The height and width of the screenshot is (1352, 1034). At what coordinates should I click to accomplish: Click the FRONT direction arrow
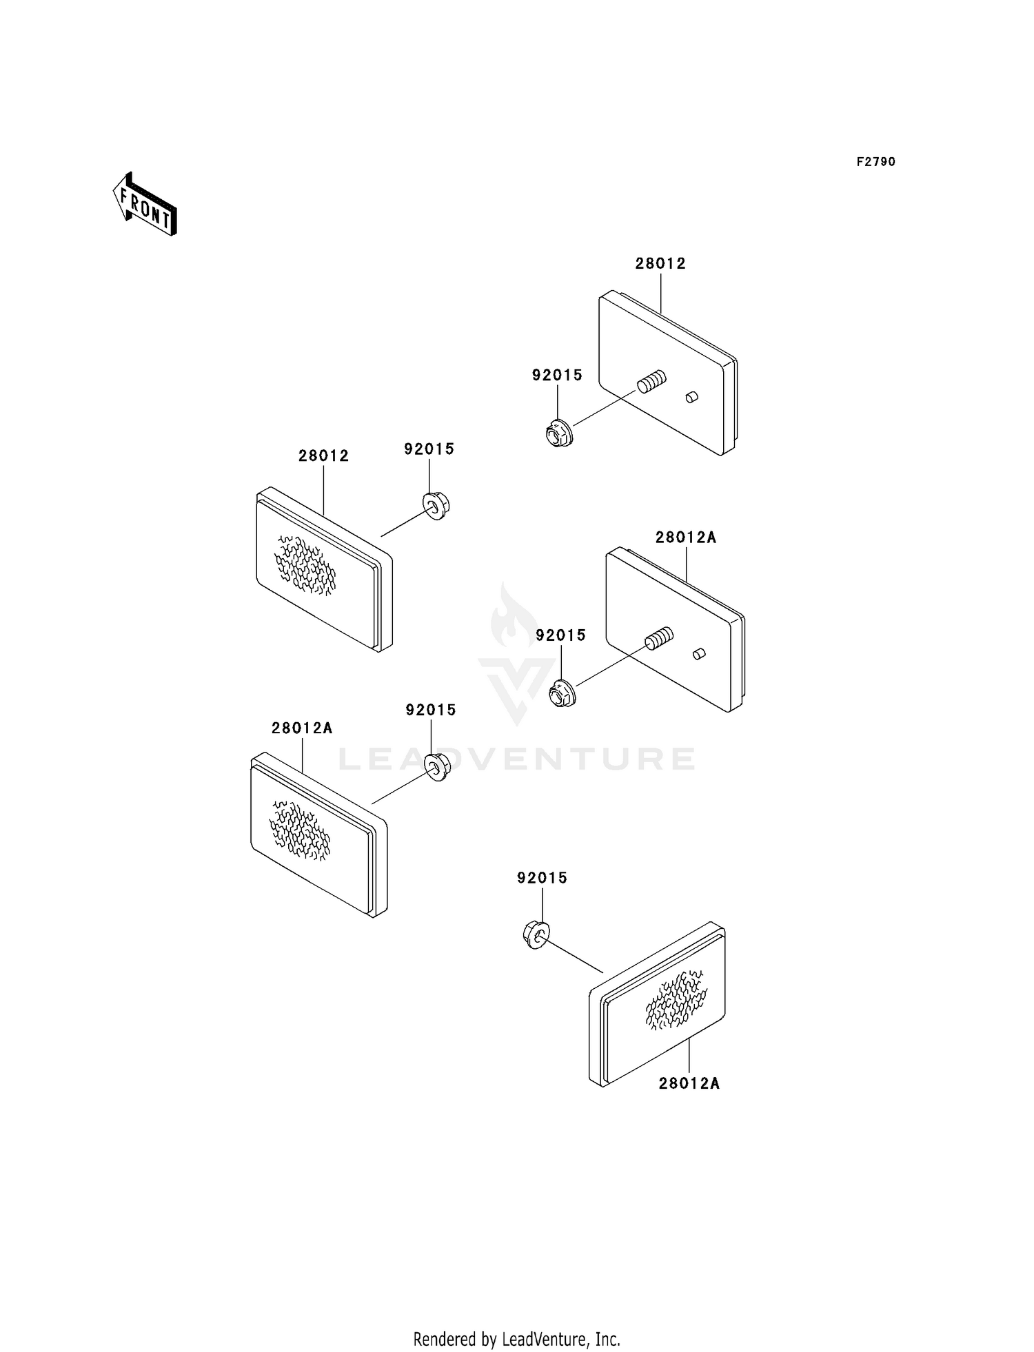[x=145, y=205]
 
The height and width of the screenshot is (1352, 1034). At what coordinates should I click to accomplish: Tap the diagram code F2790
[x=875, y=162]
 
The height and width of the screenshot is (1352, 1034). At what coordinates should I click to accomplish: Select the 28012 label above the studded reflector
[x=660, y=263]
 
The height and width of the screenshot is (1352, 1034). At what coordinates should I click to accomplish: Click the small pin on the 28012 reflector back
[x=692, y=397]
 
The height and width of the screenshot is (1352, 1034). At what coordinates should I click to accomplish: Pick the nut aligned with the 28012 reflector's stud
[x=556, y=434]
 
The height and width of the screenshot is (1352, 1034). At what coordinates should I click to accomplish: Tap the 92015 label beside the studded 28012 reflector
[x=557, y=376]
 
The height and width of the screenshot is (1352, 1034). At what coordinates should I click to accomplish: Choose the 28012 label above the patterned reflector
[x=323, y=455]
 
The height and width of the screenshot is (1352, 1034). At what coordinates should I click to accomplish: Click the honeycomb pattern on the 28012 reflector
[x=305, y=566]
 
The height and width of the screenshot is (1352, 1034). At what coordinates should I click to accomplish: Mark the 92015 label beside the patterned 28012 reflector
[x=429, y=449]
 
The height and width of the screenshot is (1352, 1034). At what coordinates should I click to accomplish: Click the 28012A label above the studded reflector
[x=685, y=537]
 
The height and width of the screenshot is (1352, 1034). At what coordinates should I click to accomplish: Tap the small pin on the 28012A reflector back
[x=699, y=654]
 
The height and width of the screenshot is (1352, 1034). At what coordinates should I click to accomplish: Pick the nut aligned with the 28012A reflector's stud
[x=562, y=693]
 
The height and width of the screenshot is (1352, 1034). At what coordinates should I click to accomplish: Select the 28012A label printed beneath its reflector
[x=689, y=1083]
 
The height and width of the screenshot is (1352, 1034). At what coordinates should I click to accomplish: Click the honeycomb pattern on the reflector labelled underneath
[x=676, y=1001]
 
